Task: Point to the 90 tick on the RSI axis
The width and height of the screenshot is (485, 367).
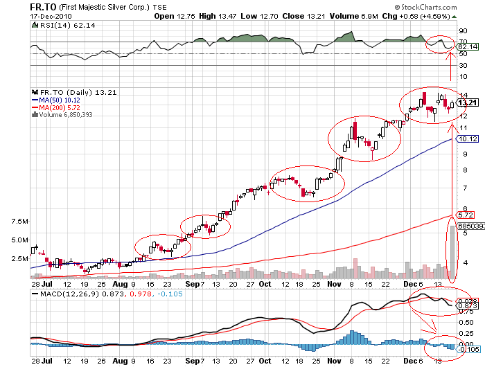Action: [464, 30]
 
